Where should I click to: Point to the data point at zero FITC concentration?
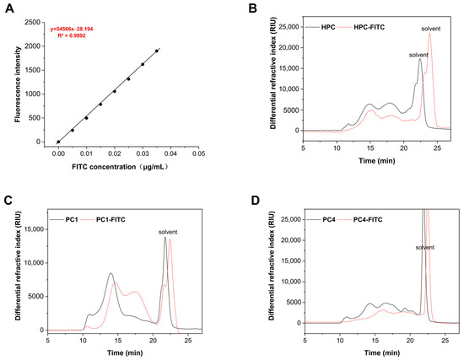(58, 142)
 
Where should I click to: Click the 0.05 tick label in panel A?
(197, 153)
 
